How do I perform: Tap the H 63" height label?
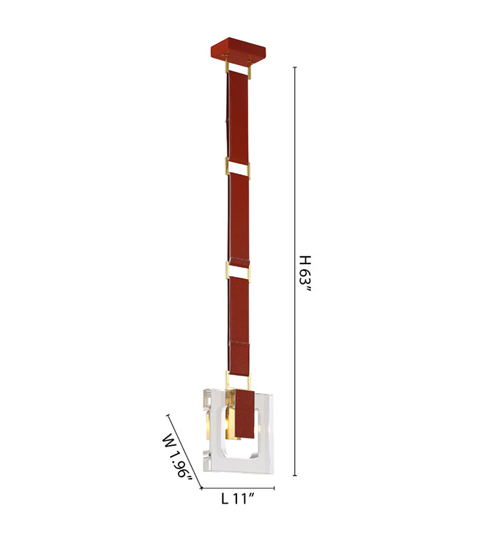point(305,274)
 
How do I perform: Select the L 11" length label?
point(238,498)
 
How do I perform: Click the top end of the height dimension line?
point(295,67)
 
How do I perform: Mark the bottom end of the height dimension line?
point(295,476)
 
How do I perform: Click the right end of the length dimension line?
point(275,488)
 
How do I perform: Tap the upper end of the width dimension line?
point(168,415)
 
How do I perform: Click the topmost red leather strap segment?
point(238,117)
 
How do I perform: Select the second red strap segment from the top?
point(239,218)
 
